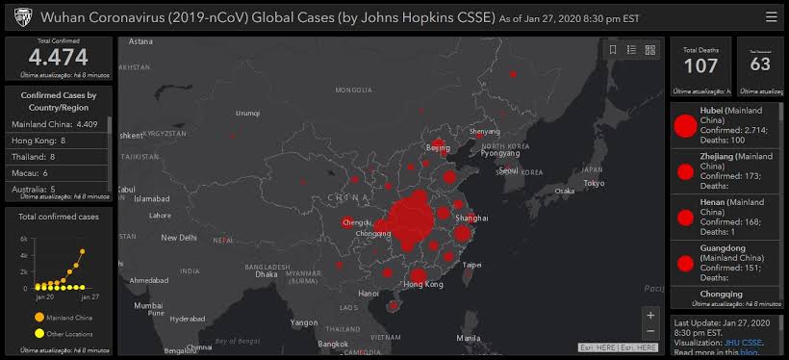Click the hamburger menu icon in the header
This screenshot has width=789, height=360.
point(771,16)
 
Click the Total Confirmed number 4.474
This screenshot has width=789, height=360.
point(59,58)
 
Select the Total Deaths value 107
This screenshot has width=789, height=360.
point(700,65)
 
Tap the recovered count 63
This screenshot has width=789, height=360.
point(760,64)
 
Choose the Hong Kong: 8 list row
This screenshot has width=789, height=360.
point(38,141)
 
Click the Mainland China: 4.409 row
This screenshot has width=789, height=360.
point(55,124)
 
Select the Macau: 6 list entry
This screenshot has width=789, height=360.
point(33,172)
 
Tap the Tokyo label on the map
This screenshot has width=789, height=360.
point(594,183)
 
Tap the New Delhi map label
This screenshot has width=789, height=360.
point(179,237)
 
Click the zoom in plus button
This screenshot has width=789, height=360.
point(650,315)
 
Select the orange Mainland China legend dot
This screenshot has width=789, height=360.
point(38,316)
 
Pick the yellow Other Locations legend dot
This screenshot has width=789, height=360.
point(38,333)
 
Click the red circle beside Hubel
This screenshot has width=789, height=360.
point(685,125)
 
